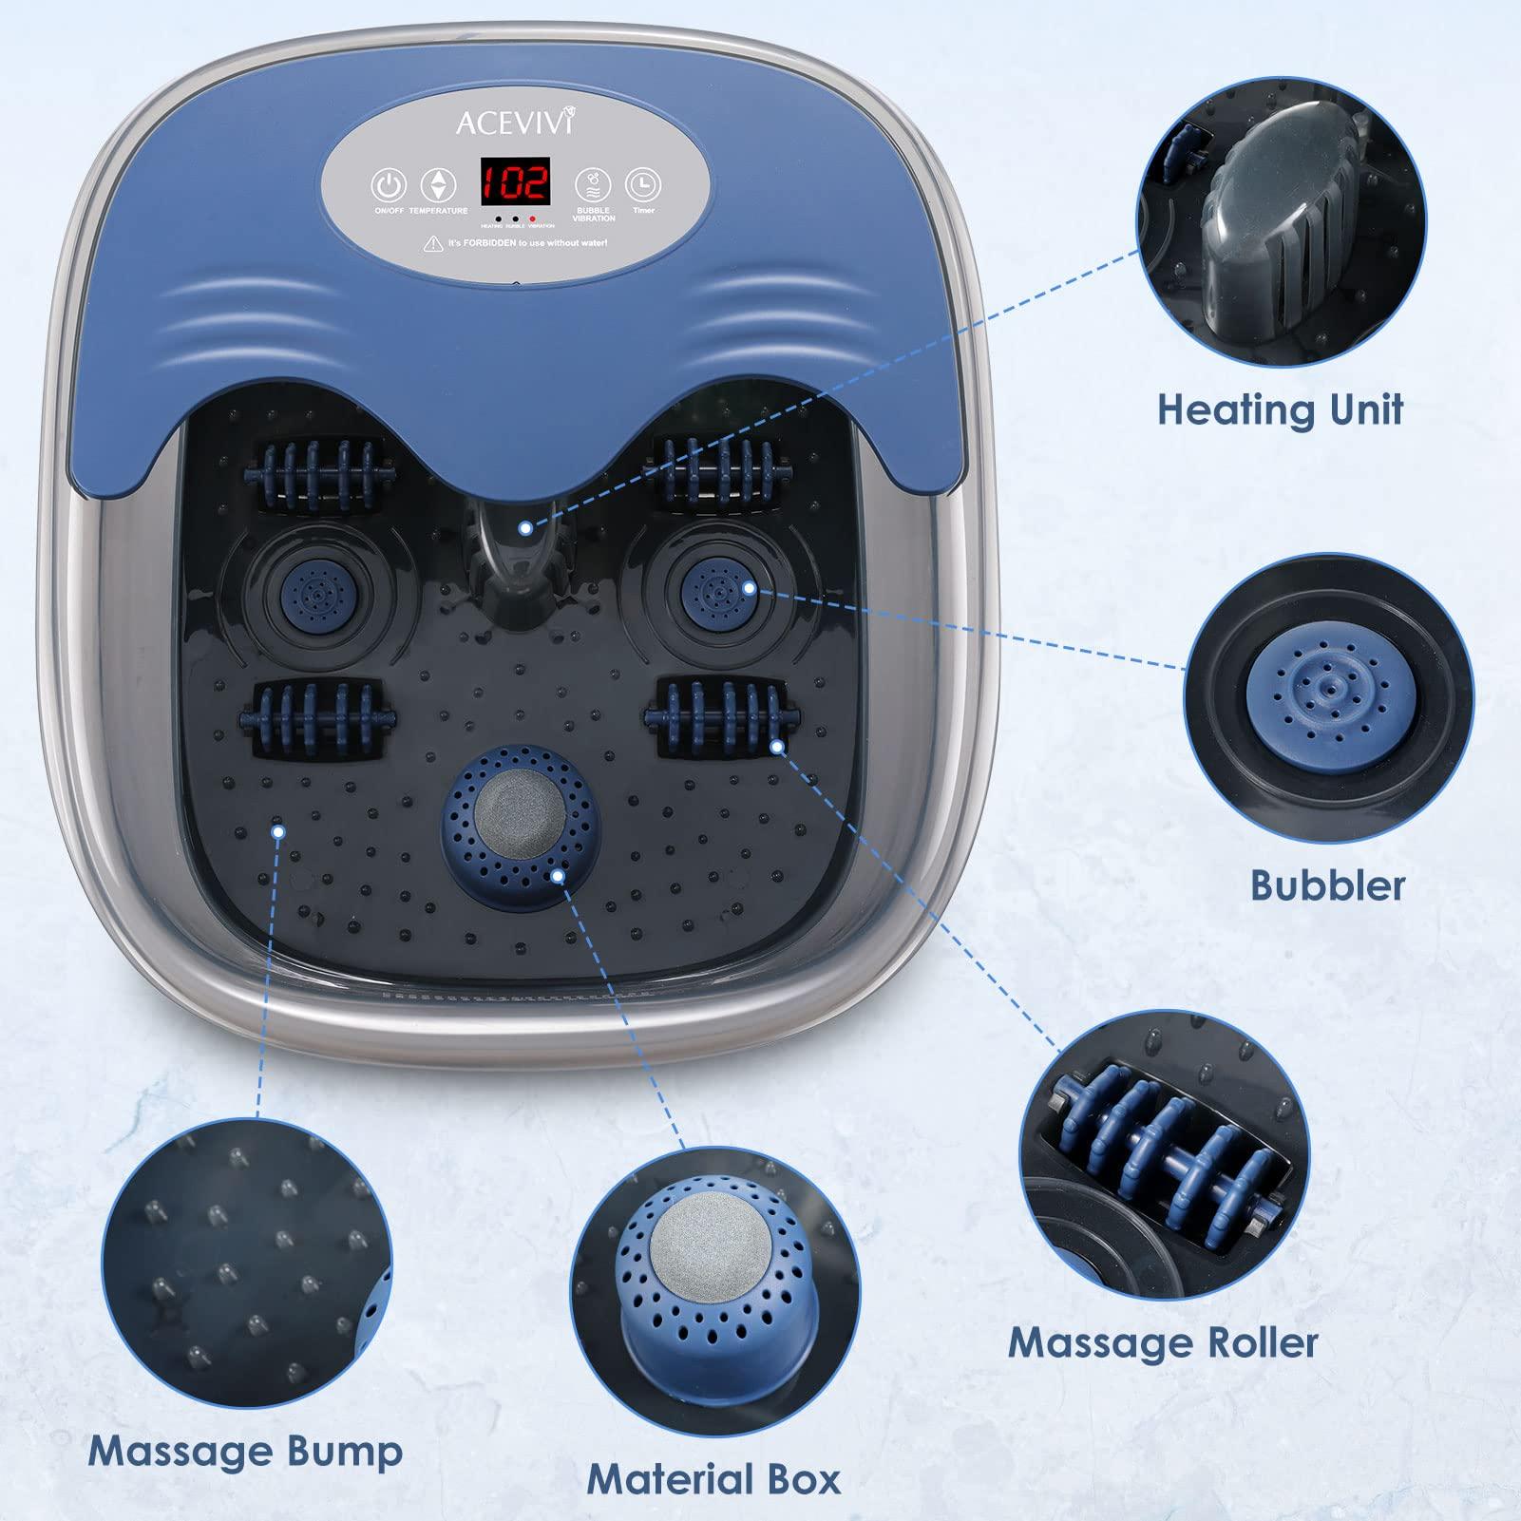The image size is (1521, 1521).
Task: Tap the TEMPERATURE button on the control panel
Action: pos(438,185)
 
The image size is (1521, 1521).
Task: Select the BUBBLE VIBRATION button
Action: pos(594,184)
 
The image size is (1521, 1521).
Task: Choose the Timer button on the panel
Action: pos(643,184)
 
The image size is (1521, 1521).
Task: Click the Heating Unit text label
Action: pos(1280,409)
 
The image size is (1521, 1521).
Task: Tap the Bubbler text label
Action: pos(1327,884)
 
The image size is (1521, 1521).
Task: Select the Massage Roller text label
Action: pos(1163,1342)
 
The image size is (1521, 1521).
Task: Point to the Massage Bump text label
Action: pos(245,1451)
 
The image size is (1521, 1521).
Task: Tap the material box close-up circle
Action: pos(714,1275)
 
